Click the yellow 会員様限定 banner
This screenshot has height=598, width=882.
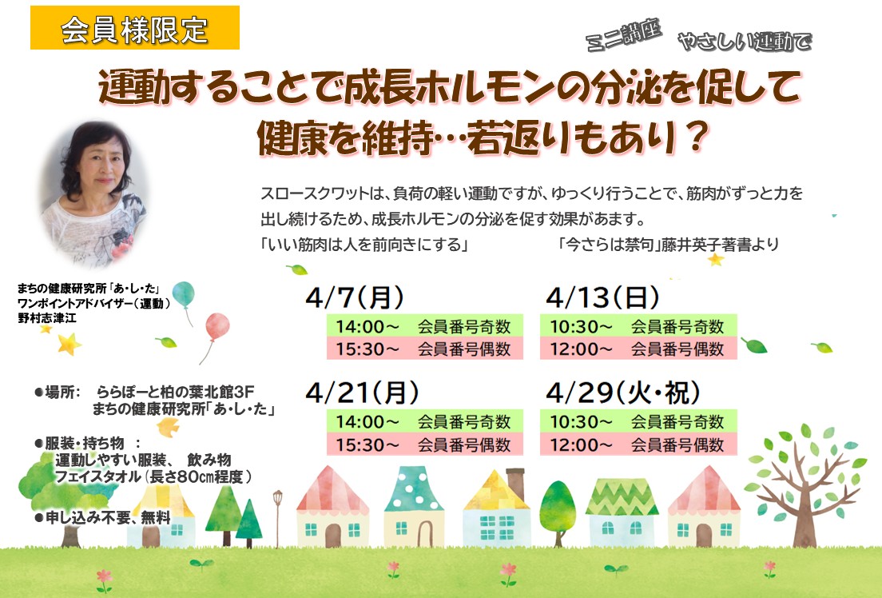click(x=135, y=28)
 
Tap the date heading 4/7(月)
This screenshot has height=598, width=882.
click(x=355, y=297)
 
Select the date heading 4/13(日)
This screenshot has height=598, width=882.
click(x=602, y=297)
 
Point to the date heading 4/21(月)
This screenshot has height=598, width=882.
click(x=362, y=393)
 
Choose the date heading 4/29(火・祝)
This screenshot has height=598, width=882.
click(x=623, y=393)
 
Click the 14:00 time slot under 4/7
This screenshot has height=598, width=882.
click(x=425, y=326)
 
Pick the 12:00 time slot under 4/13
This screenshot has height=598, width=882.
click(x=638, y=349)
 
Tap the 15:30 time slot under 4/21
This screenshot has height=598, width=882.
click(x=425, y=445)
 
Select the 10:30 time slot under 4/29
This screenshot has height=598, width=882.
click(x=638, y=422)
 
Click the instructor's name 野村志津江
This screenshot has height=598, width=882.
click(x=47, y=318)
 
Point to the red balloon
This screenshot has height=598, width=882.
click(x=217, y=327)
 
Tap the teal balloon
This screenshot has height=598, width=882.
click(x=184, y=294)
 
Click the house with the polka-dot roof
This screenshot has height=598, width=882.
click(x=414, y=506)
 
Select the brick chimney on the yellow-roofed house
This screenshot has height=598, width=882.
click(x=515, y=483)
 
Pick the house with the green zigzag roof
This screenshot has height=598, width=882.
click(x=622, y=512)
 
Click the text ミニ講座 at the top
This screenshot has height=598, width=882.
click(x=623, y=35)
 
